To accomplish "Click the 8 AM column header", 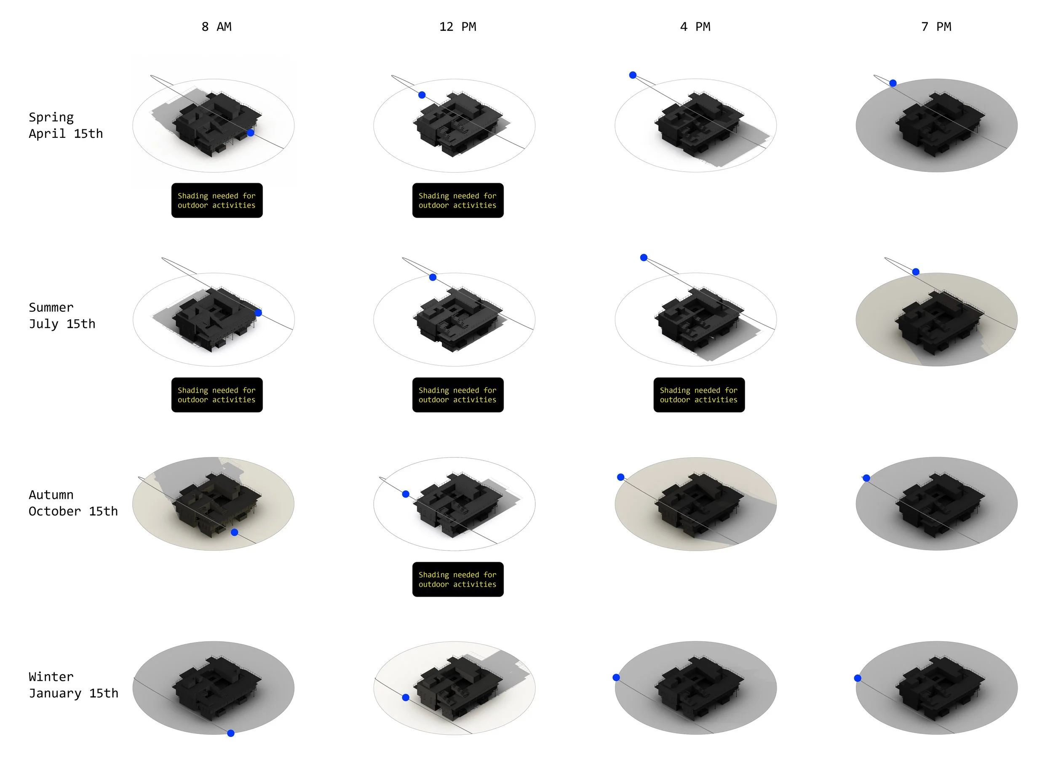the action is point(216,27).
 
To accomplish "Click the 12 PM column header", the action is point(457,27).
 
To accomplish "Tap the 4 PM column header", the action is point(695,27).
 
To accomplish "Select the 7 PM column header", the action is point(936,27).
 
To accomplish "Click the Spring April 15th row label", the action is point(66,125).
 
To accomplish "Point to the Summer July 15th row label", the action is point(62,316).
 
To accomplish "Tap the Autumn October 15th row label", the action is point(73,503).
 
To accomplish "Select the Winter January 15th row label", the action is point(73,685).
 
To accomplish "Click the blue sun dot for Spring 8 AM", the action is point(251,133).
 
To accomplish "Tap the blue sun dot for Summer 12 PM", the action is point(433,277).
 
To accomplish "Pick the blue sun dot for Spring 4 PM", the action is point(633,75).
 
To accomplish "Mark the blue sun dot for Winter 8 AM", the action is point(230,733).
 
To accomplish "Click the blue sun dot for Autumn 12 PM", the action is point(406,494).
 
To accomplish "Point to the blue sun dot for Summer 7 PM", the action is point(916,272).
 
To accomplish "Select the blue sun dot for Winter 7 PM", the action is point(858,678).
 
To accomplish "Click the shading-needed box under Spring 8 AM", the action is point(217,200).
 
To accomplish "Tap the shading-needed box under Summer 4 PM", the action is point(699,395).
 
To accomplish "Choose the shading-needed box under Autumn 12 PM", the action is point(458,579).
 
